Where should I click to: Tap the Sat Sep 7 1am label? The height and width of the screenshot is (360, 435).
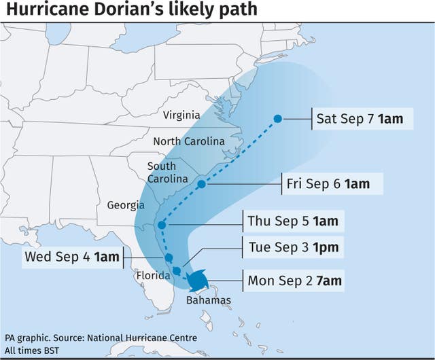click(x=360, y=120)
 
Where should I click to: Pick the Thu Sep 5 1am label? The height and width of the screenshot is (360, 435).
click(x=292, y=221)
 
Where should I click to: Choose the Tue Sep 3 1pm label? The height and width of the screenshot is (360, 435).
click(x=292, y=247)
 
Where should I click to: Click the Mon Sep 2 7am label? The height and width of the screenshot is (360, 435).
click(x=294, y=280)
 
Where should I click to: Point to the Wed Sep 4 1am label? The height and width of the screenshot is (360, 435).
click(x=71, y=257)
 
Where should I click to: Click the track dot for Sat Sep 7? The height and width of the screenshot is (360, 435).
click(x=277, y=119)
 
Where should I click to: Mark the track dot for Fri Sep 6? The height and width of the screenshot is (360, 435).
click(x=201, y=184)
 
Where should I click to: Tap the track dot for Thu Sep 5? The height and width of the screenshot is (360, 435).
click(x=162, y=225)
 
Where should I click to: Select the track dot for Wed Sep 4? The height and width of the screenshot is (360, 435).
click(x=169, y=258)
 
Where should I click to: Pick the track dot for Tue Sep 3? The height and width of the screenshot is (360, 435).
click(x=177, y=271)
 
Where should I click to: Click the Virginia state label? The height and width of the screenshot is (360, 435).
click(x=181, y=115)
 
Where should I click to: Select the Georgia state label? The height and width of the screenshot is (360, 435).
click(x=126, y=204)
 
